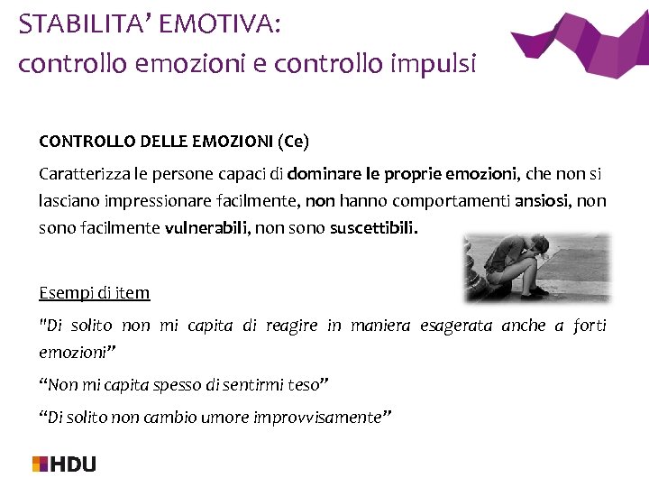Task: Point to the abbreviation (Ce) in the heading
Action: tap(293, 142)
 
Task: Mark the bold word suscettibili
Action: tap(373, 228)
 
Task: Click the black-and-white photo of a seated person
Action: tap(536, 267)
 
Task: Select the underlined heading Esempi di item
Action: tap(95, 292)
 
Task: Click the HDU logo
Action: tap(64, 464)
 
